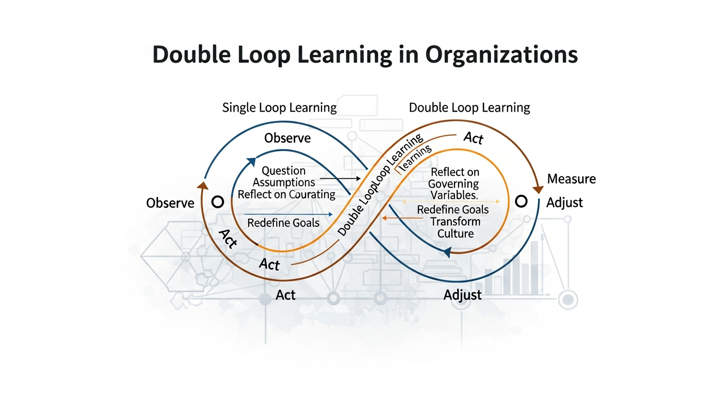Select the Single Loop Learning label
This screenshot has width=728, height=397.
coord(279,108)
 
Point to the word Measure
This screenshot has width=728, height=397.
coord(571,179)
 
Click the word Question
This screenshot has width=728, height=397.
coord(283,171)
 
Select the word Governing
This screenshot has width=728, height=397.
coord(453,184)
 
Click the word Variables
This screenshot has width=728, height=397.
coord(453,195)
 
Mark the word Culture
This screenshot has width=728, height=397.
coord(456,234)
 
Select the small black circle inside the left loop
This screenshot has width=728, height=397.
coord(218,201)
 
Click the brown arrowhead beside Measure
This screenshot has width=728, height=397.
coord(538,189)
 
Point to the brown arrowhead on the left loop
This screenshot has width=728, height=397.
coord(203,186)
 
